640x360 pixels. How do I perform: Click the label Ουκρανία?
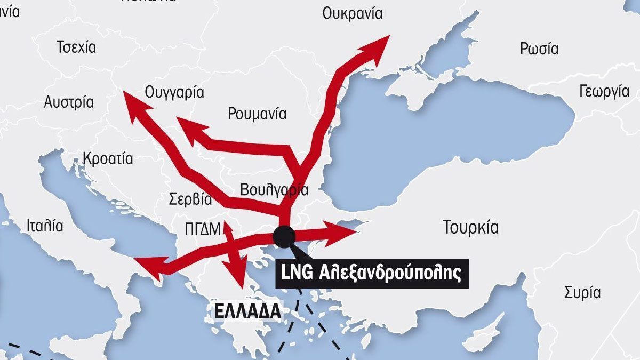tap(352, 14)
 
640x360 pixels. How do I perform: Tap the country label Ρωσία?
tap(539, 49)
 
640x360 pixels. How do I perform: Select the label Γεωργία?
tap(604, 92)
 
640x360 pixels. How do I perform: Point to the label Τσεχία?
tap(76, 47)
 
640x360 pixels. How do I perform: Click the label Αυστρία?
tap(69, 102)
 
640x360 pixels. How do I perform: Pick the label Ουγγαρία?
tap(174, 92)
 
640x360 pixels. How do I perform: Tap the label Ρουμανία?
tap(257, 114)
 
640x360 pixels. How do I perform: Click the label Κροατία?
tap(108, 158)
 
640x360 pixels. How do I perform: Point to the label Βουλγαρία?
tap(274, 189)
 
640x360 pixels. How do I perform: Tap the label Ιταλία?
tap(45, 226)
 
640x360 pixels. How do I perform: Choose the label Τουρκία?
tap(470, 228)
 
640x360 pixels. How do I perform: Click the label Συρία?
tap(582, 292)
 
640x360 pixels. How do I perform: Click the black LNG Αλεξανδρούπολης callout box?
tap(372, 274)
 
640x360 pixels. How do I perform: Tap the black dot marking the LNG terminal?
tap(283, 236)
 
